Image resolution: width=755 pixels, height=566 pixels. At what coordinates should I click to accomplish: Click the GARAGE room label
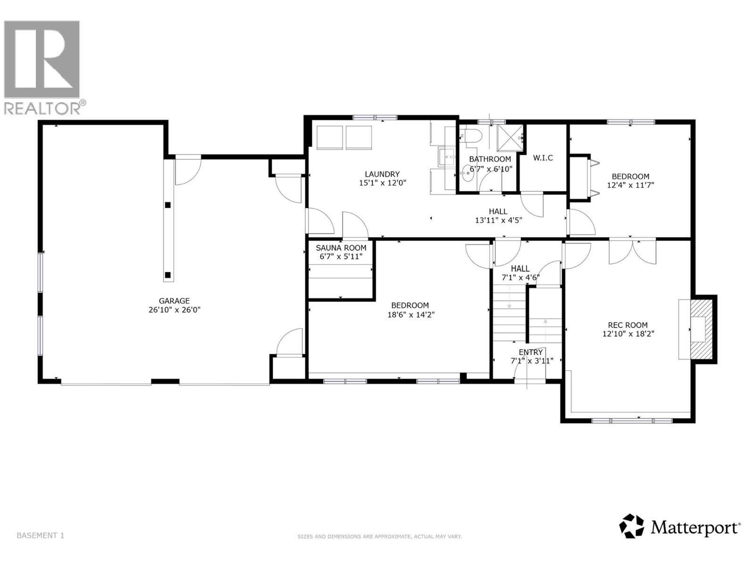pos(174,301)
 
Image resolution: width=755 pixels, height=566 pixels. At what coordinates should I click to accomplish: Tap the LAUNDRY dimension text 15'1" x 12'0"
pos(382,183)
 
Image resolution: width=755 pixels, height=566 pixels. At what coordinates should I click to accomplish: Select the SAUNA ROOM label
pos(341,248)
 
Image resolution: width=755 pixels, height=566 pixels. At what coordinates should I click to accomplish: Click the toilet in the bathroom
pos(471,136)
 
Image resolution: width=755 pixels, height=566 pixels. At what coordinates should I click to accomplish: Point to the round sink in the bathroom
pos(468,174)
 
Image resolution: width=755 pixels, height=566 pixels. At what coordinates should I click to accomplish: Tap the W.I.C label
pos(543,158)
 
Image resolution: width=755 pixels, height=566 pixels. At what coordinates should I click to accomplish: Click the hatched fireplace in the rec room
pos(700,329)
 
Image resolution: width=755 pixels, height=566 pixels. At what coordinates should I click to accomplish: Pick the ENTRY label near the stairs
pos(531,352)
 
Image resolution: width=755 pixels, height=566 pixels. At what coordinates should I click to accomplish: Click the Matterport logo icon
pos(632,526)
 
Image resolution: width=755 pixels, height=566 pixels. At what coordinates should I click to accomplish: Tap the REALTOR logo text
pos(45,108)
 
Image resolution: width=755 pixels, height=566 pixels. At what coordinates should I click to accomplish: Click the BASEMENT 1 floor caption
pos(40,535)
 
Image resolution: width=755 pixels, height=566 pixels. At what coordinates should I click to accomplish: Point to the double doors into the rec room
pos(632,252)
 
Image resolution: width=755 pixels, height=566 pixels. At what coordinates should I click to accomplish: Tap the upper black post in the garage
pos(168,205)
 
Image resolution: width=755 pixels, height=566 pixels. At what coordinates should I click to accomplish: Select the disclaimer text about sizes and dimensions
pos(379,537)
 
